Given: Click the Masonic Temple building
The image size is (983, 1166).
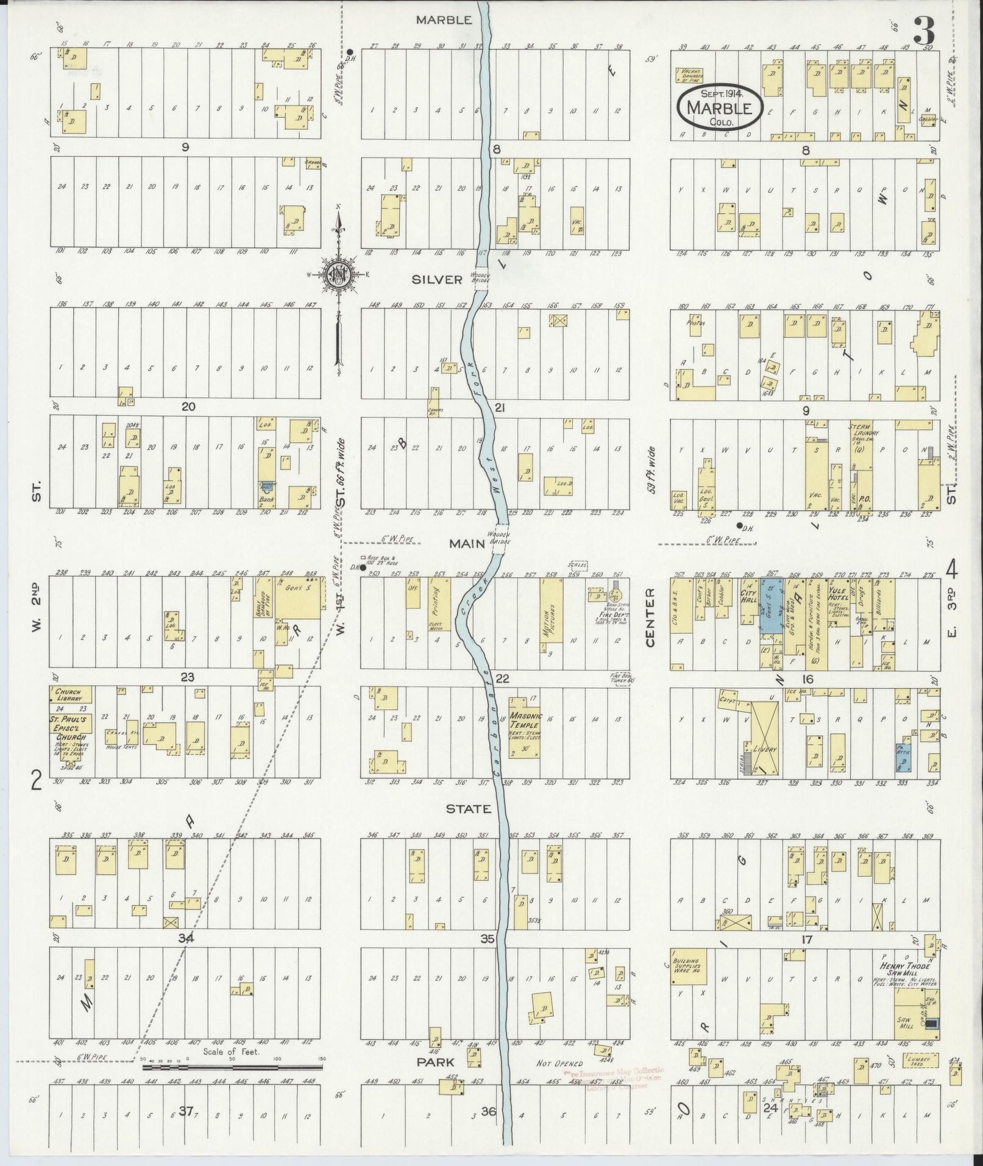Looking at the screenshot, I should [525, 728].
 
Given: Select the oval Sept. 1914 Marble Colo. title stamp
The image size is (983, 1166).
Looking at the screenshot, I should [719, 107].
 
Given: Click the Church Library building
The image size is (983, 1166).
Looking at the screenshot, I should [71, 695].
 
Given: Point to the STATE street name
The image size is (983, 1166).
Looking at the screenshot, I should [469, 809].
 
